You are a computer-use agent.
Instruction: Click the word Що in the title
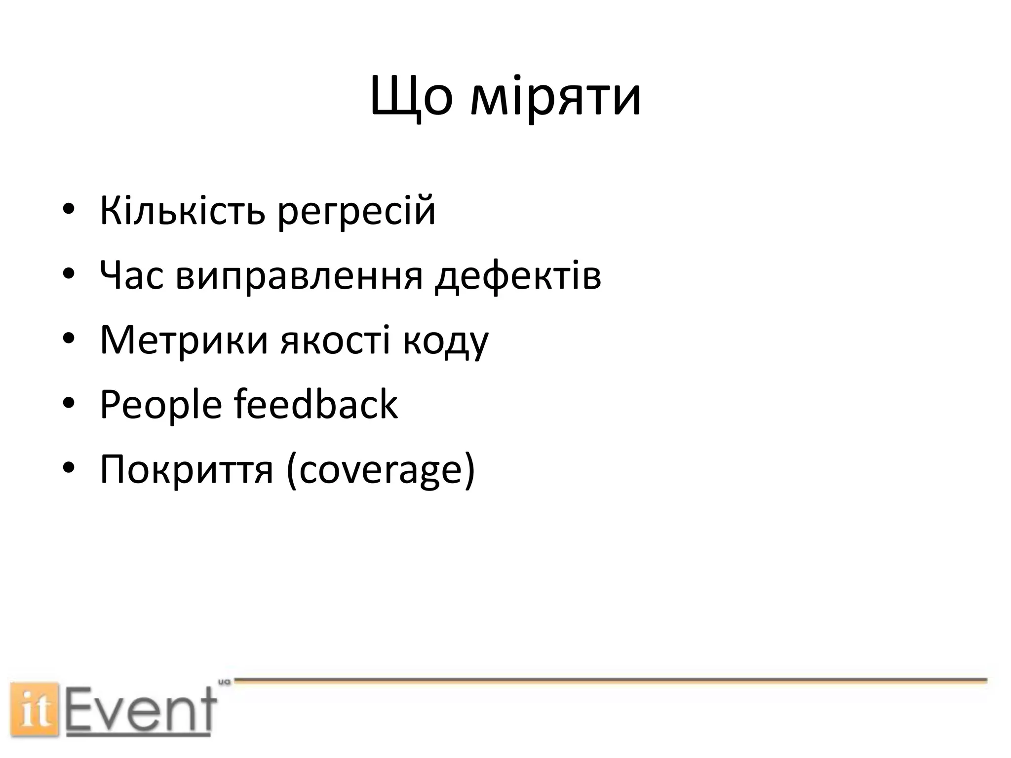[411, 97]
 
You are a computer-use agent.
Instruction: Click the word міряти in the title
[556, 97]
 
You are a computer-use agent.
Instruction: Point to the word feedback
[315, 404]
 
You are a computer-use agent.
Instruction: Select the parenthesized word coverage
[380, 470]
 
